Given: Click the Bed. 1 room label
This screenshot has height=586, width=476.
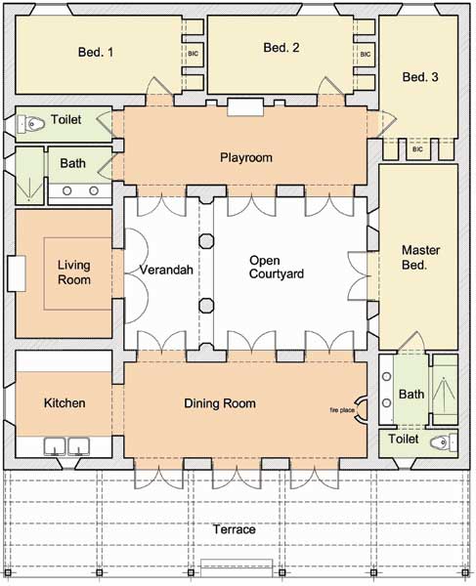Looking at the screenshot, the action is click(x=96, y=52).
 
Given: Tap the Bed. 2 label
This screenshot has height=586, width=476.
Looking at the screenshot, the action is click(x=281, y=48).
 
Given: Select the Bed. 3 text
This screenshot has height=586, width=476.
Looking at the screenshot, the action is click(x=420, y=77).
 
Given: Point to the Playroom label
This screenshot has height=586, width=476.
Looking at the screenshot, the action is click(x=246, y=157).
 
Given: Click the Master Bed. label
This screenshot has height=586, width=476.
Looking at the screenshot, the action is click(x=420, y=257).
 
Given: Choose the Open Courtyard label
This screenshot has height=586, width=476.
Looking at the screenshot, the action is click(x=277, y=267).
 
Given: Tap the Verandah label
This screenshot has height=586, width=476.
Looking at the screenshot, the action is click(x=166, y=270).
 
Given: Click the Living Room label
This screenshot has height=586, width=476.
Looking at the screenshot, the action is click(x=74, y=272).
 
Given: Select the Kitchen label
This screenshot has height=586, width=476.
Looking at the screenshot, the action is click(x=65, y=402).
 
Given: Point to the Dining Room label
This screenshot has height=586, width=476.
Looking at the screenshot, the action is click(x=220, y=403).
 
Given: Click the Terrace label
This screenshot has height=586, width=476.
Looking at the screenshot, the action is click(x=235, y=529).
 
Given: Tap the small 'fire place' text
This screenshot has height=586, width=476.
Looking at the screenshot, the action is click(x=342, y=410).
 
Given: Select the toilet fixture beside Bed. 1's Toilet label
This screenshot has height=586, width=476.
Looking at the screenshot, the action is click(x=31, y=123).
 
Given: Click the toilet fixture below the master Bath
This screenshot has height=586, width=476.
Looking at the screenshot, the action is click(x=444, y=443).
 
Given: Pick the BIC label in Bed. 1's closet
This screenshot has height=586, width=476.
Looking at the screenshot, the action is click(x=193, y=54).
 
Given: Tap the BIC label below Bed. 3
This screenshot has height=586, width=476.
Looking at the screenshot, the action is click(x=417, y=149).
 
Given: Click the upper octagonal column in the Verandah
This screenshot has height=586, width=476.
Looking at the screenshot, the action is click(x=206, y=241).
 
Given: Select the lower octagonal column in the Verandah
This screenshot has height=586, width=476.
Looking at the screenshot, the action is click(x=206, y=306).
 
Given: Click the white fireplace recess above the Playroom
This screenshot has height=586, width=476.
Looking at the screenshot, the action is click(x=245, y=106).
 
